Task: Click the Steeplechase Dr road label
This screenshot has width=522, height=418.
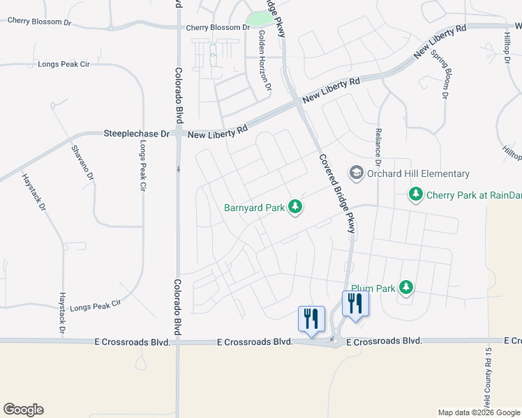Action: [137, 132]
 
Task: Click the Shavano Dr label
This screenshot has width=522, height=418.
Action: [82, 162]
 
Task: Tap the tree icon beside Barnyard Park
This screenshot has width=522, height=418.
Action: [296, 206]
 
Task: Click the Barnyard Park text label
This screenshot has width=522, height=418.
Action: [255, 207]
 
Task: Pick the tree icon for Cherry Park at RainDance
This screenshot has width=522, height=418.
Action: [416, 194]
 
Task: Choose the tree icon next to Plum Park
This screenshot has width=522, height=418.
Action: [405, 287]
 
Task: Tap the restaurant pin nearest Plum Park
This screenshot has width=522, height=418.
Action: [356, 304]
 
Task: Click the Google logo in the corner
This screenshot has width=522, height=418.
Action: [23, 410]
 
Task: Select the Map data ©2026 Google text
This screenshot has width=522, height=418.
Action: [479, 412]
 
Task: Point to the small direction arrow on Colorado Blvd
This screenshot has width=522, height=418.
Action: [178, 169]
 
